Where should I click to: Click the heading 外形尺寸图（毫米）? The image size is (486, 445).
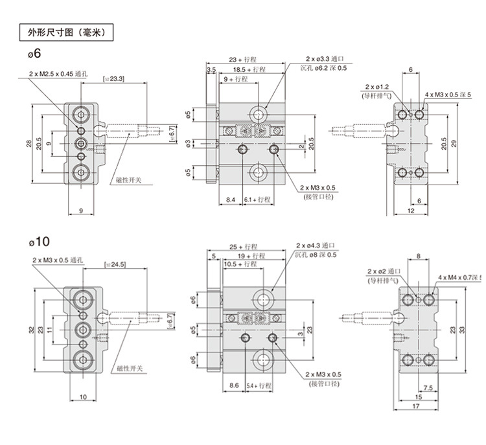[62, 32]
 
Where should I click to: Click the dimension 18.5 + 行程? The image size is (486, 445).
[249, 69]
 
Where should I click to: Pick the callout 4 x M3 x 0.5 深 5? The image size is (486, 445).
[446, 95]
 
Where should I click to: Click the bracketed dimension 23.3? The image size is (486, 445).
[114, 79]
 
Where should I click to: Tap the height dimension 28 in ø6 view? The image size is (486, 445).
[29, 144]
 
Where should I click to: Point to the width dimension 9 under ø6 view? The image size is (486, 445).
[80, 211]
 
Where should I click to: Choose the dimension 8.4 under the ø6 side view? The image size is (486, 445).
[231, 200]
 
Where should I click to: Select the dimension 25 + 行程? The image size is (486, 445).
[243, 247]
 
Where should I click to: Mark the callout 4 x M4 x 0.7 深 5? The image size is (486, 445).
[460, 277]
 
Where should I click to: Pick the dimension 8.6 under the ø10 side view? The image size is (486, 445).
[235, 385]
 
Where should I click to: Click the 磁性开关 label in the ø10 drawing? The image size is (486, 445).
[130, 368]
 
